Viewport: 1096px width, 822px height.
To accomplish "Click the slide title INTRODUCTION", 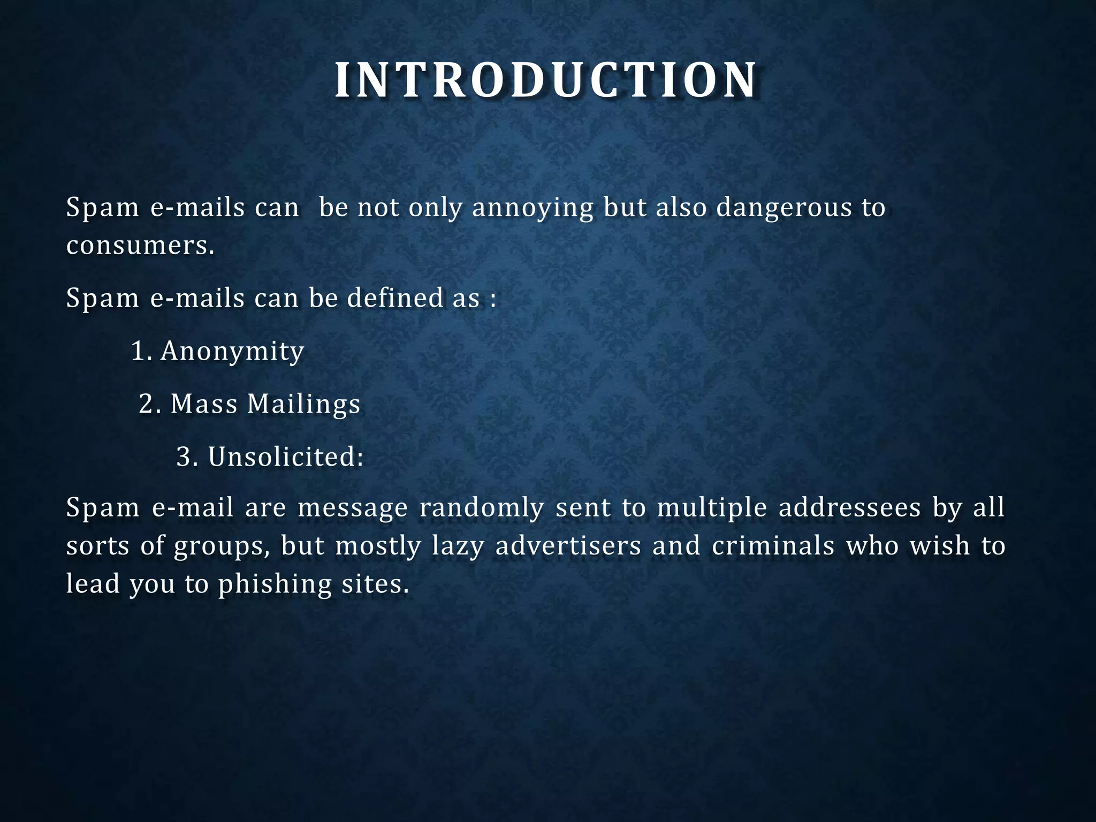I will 546,81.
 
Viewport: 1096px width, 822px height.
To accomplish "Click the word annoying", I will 532,208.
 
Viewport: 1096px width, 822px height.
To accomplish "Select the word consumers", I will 140,246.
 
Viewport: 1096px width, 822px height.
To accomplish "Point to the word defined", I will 395,298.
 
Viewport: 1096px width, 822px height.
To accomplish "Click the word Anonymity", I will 232,352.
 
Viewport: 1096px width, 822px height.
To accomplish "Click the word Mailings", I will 303,405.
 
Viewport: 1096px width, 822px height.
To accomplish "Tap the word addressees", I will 850,507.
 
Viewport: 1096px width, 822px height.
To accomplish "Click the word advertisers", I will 568,546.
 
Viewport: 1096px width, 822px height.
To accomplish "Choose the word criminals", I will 773,546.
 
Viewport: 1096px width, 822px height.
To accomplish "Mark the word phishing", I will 275,584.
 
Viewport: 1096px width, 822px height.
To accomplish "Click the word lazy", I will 458,546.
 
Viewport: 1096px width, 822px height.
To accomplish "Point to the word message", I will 353,508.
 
